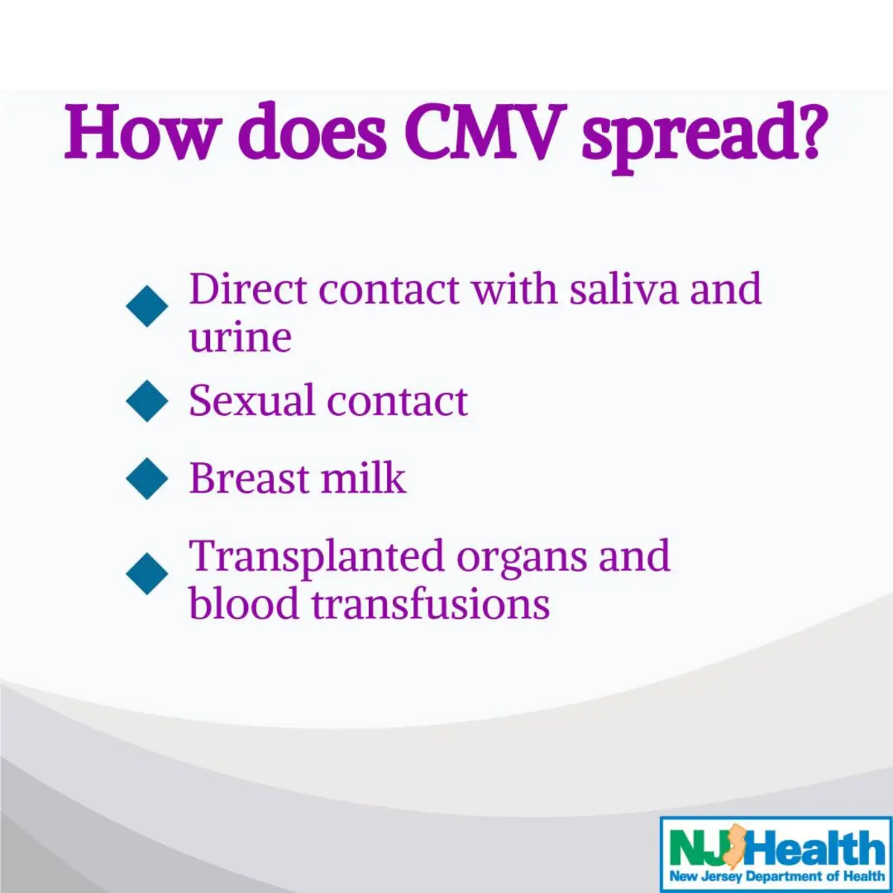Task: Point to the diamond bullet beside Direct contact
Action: [147, 306]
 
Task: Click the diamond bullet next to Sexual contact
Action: [147, 401]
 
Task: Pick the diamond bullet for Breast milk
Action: [147, 478]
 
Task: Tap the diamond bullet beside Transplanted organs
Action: [147, 574]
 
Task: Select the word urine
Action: [240, 338]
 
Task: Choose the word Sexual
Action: [252, 400]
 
